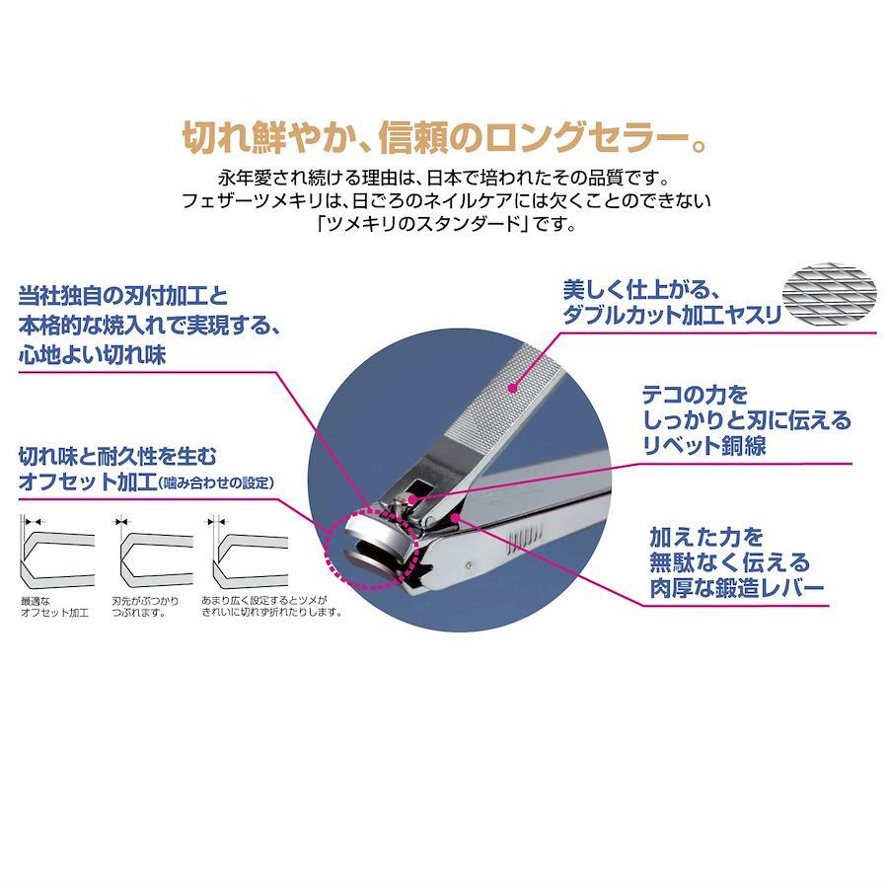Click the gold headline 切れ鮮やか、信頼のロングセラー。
[x=445, y=137]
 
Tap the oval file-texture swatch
[x=829, y=294]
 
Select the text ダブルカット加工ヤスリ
[x=672, y=315]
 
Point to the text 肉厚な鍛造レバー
[x=736, y=588]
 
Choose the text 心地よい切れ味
[x=93, y=355]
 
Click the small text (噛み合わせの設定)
[x=216, y=482]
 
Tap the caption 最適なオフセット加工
[x=54, y=607]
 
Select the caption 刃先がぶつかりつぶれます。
[x=145, y=607]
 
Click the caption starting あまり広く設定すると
[x=272, y=606]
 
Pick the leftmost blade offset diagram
[x=56, y=553]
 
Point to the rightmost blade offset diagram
[x=250, y=553]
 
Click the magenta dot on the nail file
[x=512, y=388]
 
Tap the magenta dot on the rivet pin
[x=412, y=499]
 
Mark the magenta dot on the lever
[x=455, y=516]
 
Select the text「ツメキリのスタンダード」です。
[x=446, y=224]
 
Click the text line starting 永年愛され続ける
[x=445, y=178]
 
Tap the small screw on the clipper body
[x=469, y=564]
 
